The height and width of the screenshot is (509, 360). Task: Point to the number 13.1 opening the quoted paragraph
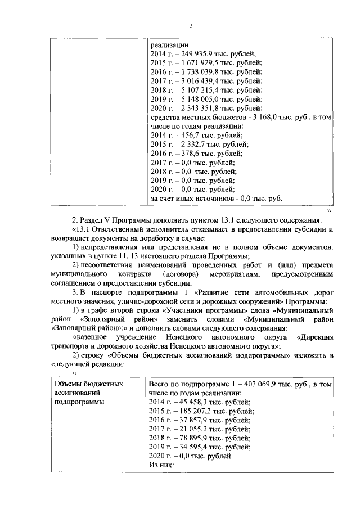point(81,230)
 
